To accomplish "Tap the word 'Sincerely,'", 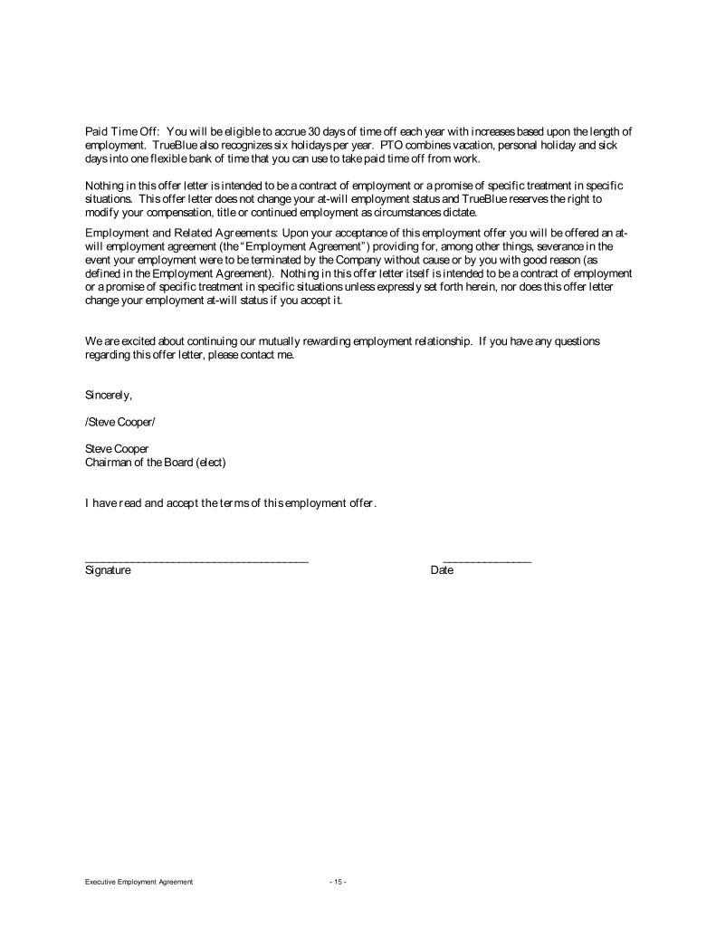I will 109,395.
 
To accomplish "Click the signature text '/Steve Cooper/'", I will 120,421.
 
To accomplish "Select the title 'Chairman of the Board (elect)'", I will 155,462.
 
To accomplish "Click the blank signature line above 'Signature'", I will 196,562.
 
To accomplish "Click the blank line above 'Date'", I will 487,562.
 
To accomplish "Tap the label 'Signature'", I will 108,571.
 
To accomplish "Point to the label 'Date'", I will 442,571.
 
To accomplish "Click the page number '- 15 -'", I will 338,882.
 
